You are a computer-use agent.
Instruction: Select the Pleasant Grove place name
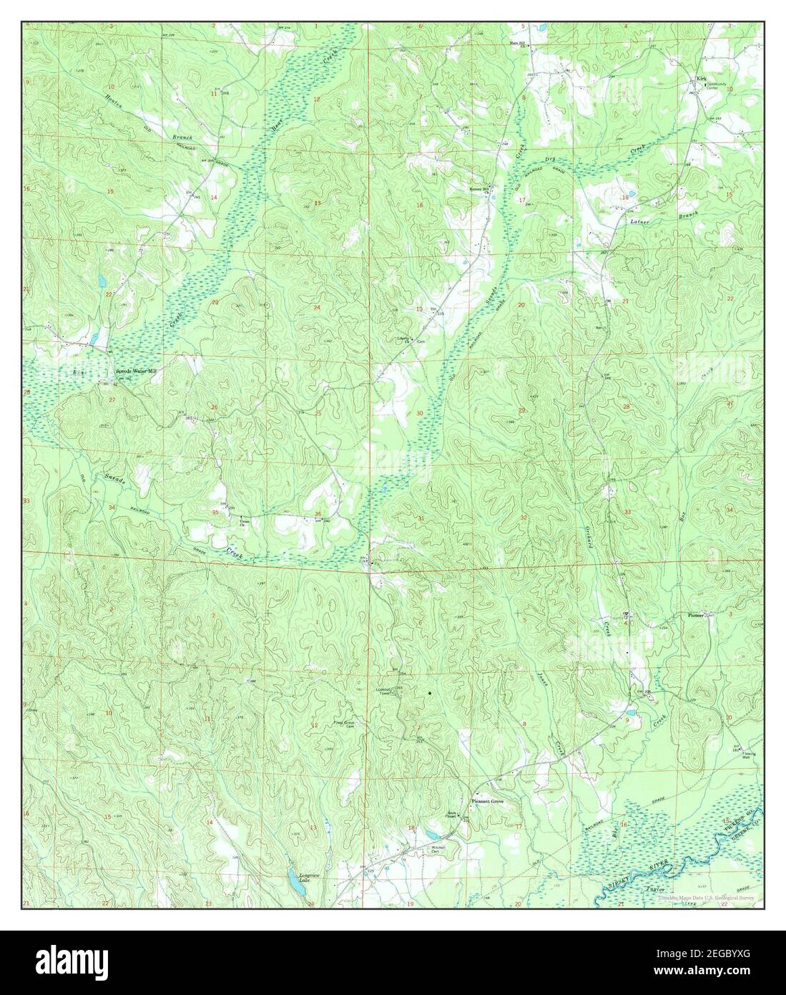pos(487,802)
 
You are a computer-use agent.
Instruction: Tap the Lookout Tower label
pos(387,691)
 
